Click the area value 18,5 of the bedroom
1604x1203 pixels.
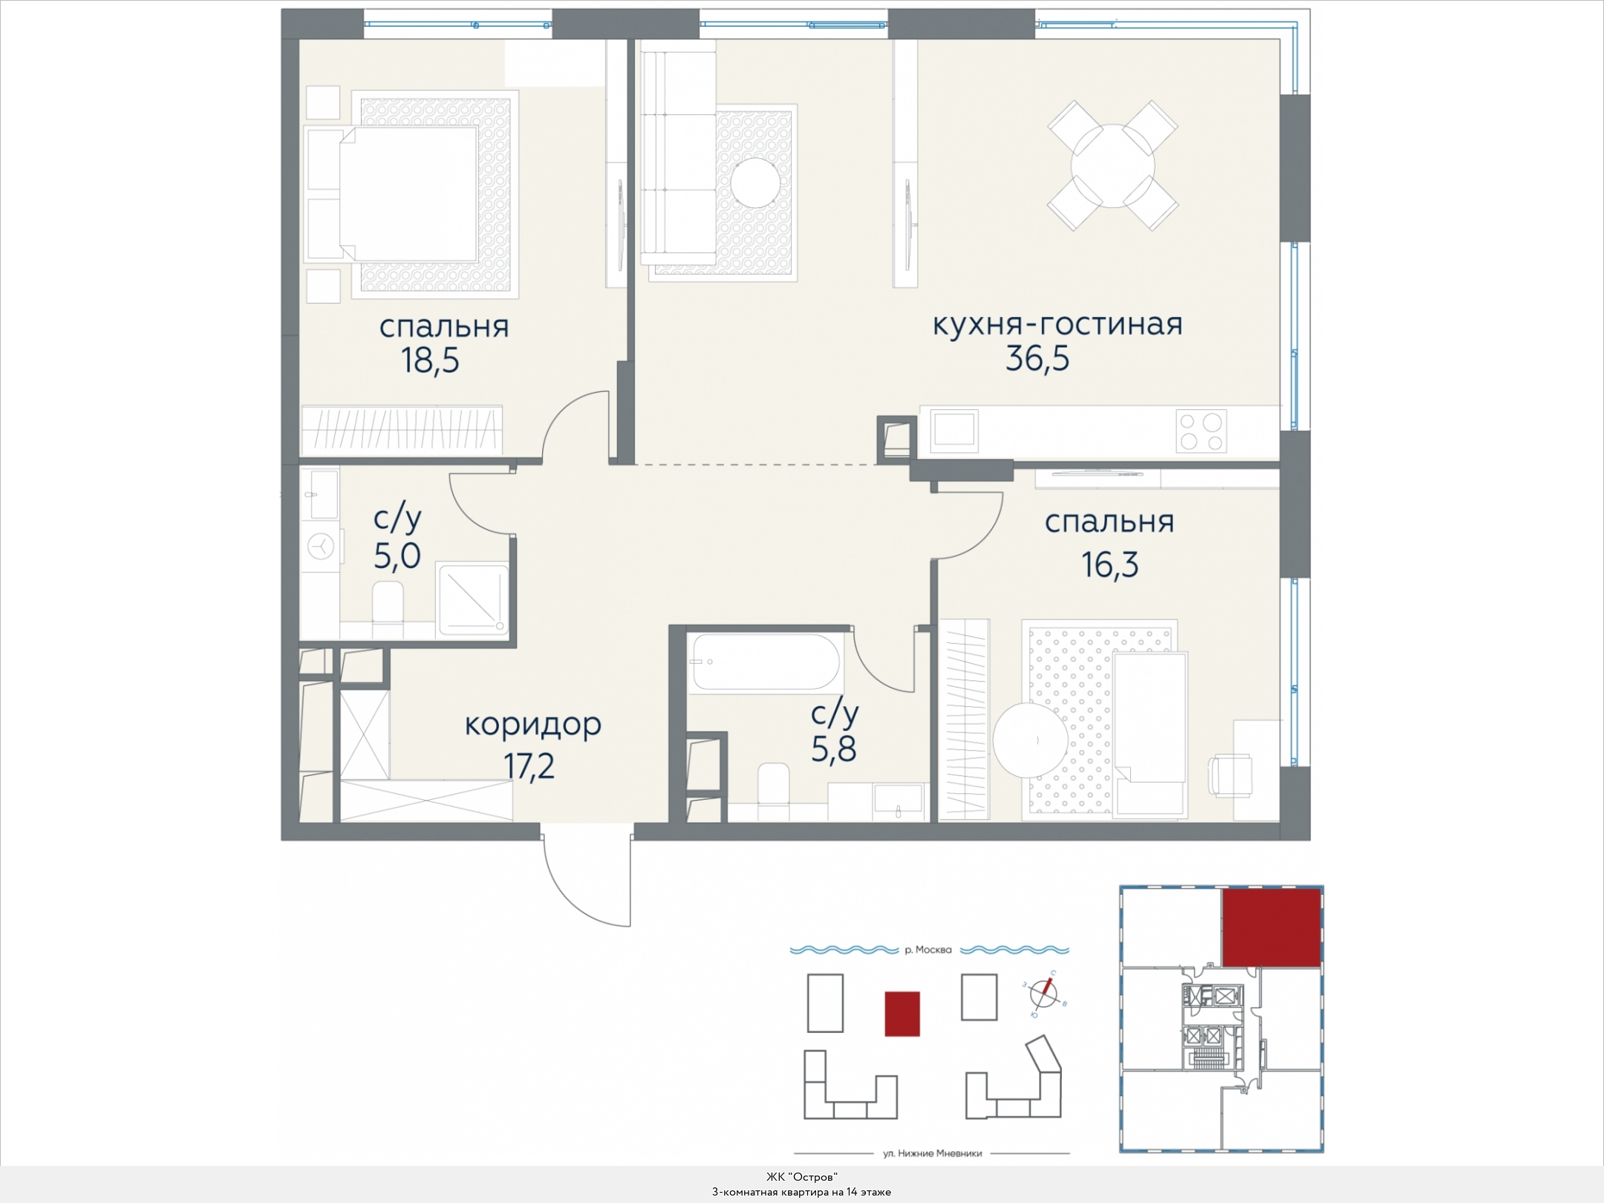430,361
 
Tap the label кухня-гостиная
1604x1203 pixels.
1057,325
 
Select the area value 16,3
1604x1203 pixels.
1110,565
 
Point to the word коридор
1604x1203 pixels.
533,725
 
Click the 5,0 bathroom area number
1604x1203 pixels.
397,555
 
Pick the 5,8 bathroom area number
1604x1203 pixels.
834,749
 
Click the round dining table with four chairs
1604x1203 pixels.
1112,166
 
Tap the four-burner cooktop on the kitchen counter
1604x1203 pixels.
1202,431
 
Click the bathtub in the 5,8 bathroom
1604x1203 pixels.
765,662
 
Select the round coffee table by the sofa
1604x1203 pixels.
754,183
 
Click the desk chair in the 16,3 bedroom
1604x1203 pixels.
1231,776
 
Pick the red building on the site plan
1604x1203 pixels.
902,1014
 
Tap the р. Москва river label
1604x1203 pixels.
928,950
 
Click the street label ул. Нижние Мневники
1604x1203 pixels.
933,1153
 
